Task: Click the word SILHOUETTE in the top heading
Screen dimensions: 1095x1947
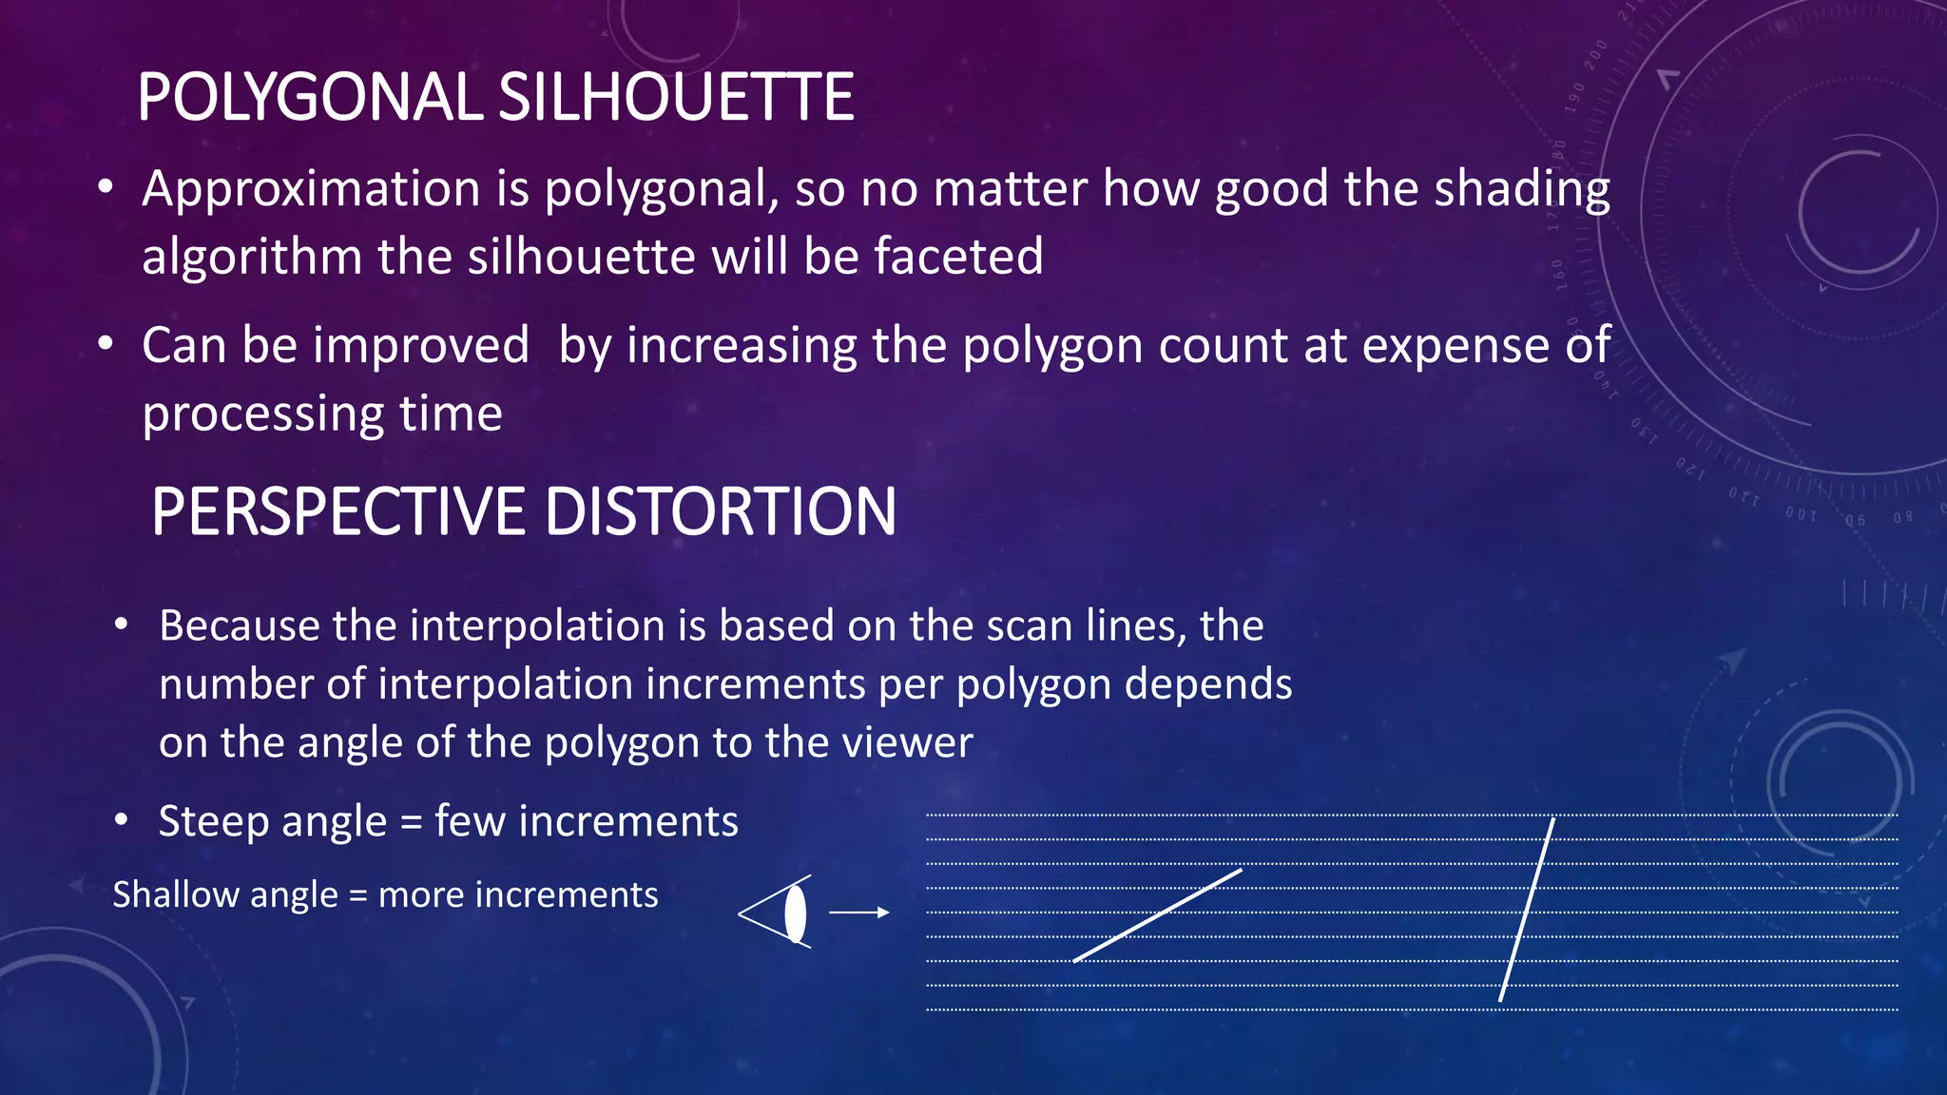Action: pyautogui.click(x=676, y=97)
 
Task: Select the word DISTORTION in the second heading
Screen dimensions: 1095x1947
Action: pyautogui.click(x=720, y=511)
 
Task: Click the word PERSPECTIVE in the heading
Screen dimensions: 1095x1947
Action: pyautogui.click(x=337, y=511)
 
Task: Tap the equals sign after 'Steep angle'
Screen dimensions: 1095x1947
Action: pyautogui.click(x=411, y=822)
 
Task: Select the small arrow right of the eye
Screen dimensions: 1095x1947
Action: pyautogui.click(x=858, y=912)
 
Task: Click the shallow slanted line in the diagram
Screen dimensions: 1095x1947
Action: pyautogui.click(x=1157, y=914)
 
